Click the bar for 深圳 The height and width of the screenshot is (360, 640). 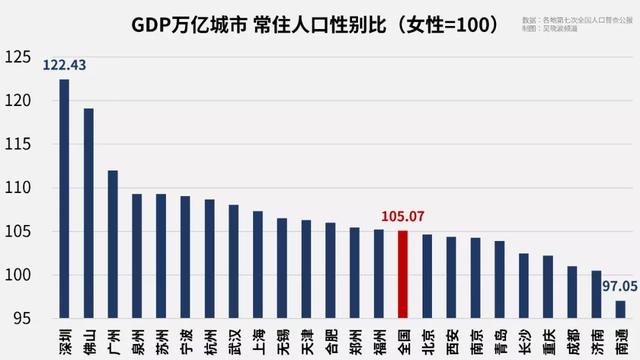coord(64,200)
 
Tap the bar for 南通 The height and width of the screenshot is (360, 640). coord(620,309)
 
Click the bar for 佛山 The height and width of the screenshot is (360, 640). coord(89,214)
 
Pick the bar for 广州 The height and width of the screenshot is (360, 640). coord(113,245)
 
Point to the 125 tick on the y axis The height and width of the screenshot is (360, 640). coord(18,57)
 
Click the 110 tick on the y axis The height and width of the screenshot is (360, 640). coord(18,188)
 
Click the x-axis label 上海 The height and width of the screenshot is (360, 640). coord(258,337)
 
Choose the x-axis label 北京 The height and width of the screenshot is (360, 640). coord(427,337)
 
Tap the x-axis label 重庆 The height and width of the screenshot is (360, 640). coord(548,337)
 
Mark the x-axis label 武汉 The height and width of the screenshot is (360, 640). coord(234,337)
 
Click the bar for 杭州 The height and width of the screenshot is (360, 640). coord(210,259)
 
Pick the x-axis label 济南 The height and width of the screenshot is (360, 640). coord(596,337)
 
